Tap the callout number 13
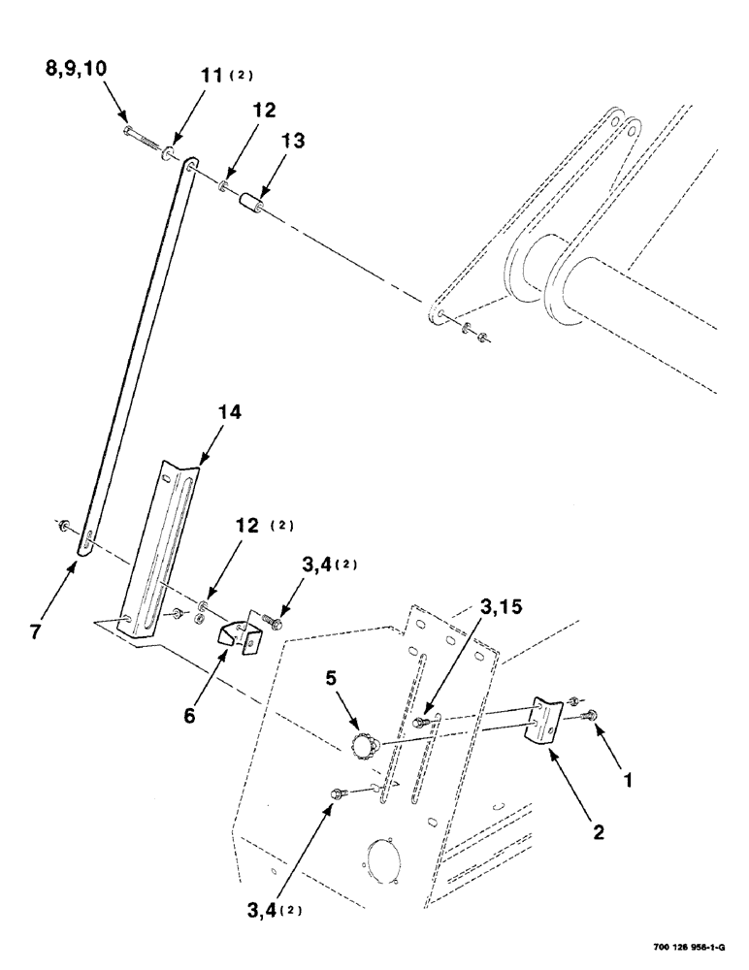coord(292,141)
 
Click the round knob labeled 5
coord(362,747)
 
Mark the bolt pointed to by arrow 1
coord(592,715)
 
